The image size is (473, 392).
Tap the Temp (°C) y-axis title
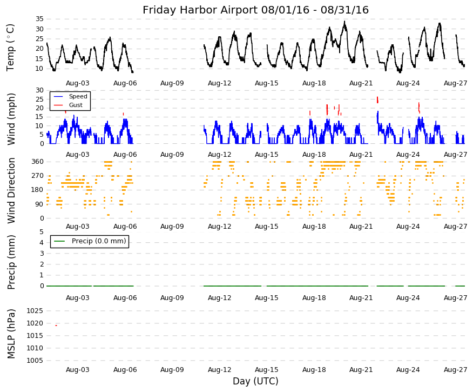(x=11, y=48)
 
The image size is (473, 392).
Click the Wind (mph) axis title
(x=11, y=119)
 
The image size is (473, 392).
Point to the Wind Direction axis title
(x=11, y=190)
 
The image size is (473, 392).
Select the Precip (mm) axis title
(x=11, y=262)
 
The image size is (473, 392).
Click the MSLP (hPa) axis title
(x=11, y=334)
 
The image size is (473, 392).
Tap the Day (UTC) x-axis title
(x=255, y=381)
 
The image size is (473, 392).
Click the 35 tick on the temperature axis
(x=39, y=19)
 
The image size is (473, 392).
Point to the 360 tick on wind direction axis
(x=38, y=162)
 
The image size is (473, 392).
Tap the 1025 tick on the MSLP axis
(x=35, y=311)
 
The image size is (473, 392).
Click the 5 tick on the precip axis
(x=42, y=232)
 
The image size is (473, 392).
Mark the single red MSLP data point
(x=56, y=325)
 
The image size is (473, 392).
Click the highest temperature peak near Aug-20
(x=344, y=21)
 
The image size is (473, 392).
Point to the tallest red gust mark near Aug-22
(x=377, y=100)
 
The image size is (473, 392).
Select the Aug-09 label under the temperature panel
(x=172, y=83)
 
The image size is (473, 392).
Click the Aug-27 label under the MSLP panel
(x=455, y=370)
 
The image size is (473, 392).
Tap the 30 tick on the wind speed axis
(x=39, y=90)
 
